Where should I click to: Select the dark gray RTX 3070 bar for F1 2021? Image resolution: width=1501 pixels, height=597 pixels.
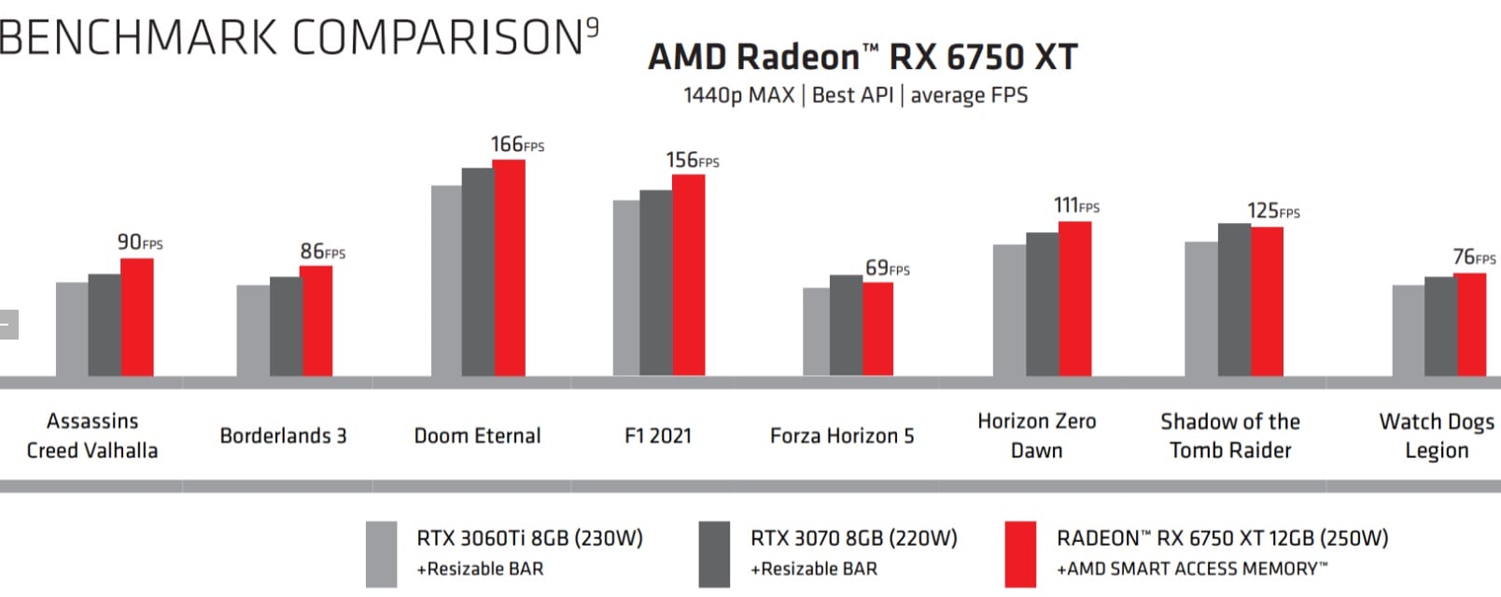tap(655, 284)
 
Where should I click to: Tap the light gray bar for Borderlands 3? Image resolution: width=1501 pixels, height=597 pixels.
tap(253, 331)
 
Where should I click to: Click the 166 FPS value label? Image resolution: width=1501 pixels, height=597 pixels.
tap(516, 145)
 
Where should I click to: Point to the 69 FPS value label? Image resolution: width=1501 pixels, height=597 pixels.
tap(887, 269)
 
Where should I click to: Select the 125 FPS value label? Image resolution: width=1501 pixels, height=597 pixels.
tap(1273, 211)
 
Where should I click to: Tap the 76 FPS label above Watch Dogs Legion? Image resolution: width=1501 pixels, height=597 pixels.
tap(1474, 257)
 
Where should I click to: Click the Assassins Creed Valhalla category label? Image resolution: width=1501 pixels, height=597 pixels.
tap(92, 436)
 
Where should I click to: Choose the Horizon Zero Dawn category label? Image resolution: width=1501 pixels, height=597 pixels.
tap(1036, 436)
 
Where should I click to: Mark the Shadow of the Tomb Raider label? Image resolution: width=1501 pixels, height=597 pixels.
tap(1230, 436)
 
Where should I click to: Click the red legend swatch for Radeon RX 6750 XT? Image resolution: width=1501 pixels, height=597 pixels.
tap(1020, 555)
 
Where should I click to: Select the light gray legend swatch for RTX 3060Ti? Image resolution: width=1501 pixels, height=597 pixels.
tap(381, 555)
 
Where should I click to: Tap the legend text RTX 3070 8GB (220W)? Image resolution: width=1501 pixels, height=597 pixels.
tap(853, 538)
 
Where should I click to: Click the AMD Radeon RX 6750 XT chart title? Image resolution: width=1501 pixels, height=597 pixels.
tap(863, 57)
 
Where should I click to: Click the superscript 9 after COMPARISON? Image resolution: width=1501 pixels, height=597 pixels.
tap(592, 28)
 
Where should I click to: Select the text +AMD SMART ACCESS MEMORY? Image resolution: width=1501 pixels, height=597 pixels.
tap(1191, 569)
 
